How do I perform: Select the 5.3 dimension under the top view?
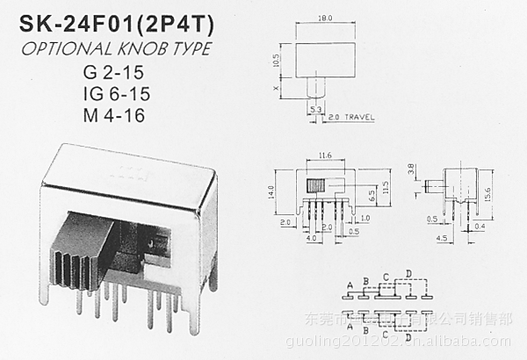pos(314,109)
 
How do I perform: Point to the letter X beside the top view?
pos(276,89)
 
